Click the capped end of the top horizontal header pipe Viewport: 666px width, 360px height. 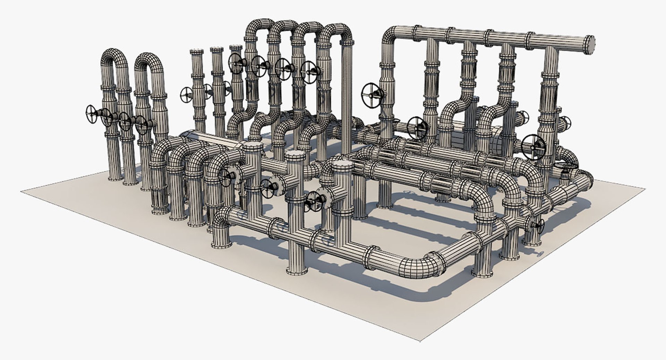tap(590, 45)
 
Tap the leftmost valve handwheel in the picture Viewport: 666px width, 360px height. tap(91, 114)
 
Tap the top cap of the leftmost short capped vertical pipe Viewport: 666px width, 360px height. tap(197, 52)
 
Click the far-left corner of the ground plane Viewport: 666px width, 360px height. tap(22, 190)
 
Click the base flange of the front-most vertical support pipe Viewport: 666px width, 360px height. tap(297, 271)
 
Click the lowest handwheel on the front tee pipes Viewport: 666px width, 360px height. tap(314, 201)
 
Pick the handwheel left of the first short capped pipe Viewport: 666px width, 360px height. tap(187, 95)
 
